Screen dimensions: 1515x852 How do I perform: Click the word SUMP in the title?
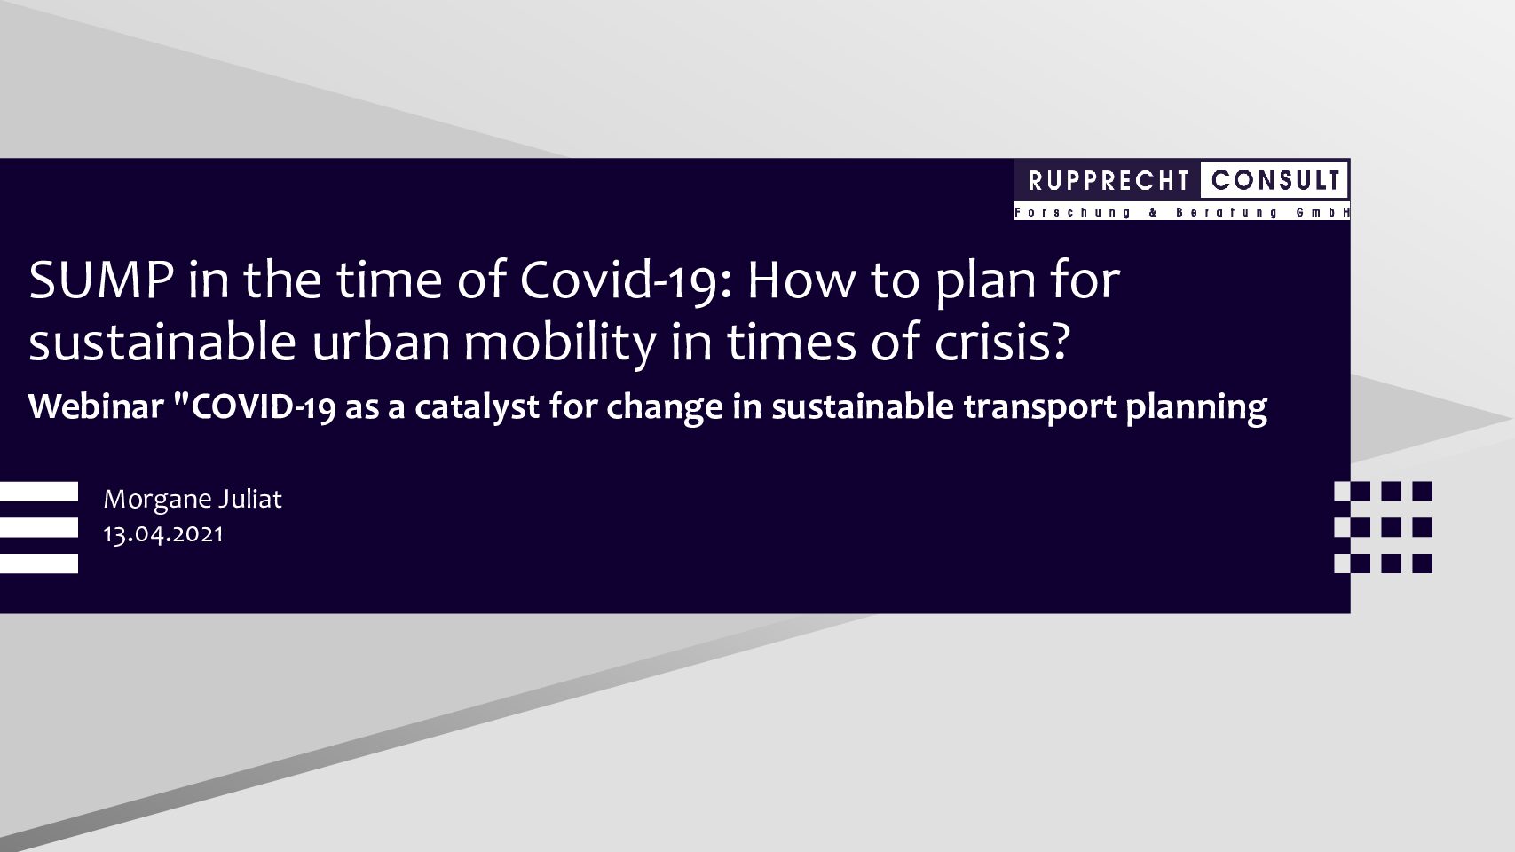pos(101,280)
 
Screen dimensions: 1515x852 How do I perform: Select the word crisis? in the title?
pos(1002,341)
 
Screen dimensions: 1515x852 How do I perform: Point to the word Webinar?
pos(96,406)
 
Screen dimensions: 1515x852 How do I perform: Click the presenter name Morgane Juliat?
pos(193,500)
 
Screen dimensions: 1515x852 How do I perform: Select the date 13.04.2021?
pos(163,534)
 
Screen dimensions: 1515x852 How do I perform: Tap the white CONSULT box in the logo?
pos(1274,180)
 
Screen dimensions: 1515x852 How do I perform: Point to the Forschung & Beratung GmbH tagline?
pos(1181,212)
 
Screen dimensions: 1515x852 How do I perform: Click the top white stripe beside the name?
pos(38,492)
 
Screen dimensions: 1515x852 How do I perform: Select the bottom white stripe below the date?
pos(38,564)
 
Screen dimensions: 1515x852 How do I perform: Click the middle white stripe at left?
pos(38,527)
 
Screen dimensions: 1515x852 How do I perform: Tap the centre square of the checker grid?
pos(1392,527)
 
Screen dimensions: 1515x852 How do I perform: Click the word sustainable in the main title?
pos(162,343)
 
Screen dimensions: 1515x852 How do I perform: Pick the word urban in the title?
pos(381,343)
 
